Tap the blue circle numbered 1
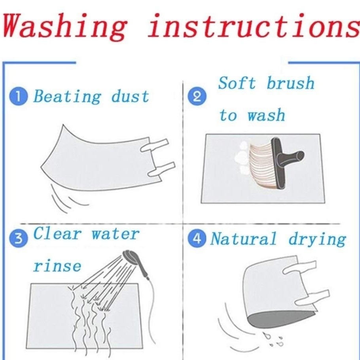point(18,97)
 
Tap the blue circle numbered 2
point(197,96)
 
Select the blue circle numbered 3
point(18,239)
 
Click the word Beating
point(67,97)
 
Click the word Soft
point(237,83)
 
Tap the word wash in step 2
point(266,115)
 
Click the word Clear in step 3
point(57,233)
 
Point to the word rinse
point(57,266)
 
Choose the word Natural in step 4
point(243,239)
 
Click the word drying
point(317,239)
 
